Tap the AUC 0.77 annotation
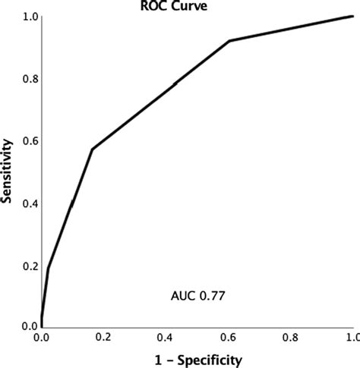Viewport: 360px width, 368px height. (195, 293)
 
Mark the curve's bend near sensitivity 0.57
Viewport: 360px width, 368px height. (92, 149)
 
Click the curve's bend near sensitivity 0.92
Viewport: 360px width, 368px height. (229, 40)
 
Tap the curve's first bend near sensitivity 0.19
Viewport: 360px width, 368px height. (48, 268)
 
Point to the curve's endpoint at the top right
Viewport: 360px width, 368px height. (352, 16)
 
